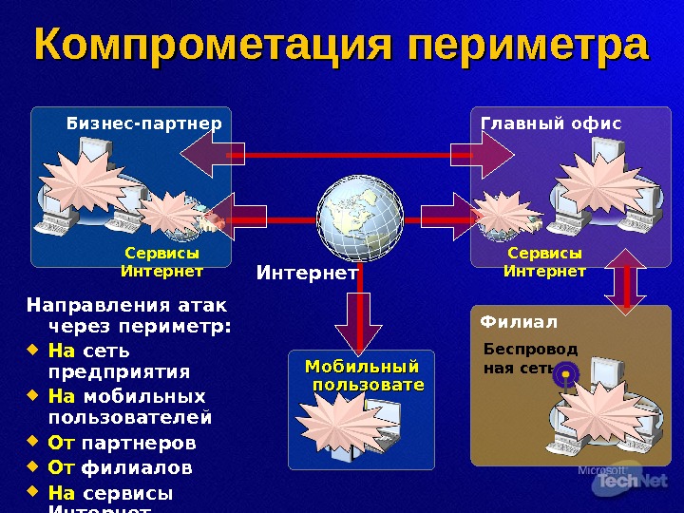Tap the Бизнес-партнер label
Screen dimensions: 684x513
coord(143,123)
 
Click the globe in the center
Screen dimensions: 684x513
coord(359,218)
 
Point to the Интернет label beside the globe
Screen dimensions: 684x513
coord(307,274)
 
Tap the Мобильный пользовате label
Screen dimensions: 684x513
coord(362,374)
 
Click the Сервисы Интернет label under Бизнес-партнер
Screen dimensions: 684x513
coord(162,263)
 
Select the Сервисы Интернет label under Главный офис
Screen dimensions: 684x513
coord(544,263)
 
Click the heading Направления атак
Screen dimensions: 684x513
coord(127,306)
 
